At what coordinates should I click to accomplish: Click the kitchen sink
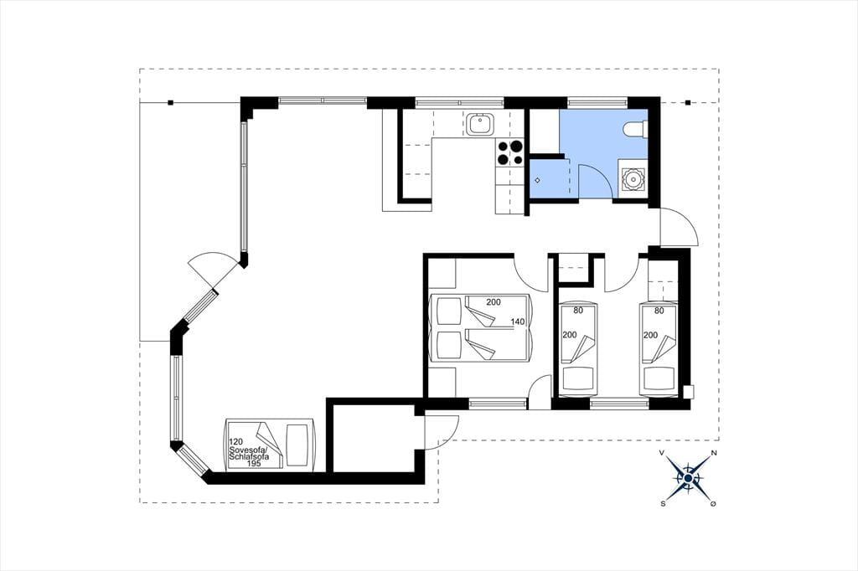coord(480,124)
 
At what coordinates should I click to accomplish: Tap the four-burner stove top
coord(509,152)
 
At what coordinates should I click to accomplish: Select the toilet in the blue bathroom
coord(636,127)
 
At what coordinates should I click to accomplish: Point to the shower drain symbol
coord(538,180)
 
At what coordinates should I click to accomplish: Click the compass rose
coord(688,479)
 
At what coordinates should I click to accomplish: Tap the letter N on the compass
coord(714,454)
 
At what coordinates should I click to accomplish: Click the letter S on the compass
coord(664,504)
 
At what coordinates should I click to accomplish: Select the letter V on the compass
coord(662,454)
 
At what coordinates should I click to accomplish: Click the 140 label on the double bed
coord(518,322)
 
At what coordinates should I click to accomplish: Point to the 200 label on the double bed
coord(494,302)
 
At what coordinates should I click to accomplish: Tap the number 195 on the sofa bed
coord(254,463)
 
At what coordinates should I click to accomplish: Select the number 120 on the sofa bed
coord(235,441)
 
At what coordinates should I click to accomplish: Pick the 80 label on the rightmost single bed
coord(659,311)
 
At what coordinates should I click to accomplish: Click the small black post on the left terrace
coord(171,102)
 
